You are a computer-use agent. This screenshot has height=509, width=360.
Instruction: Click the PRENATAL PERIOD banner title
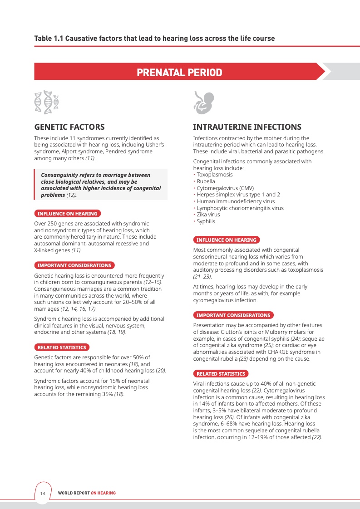click(x=179, y=73)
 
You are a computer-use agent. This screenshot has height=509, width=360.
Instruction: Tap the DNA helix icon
click(x=47, y=102)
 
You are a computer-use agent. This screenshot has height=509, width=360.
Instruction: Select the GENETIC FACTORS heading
click(x=69, y=127)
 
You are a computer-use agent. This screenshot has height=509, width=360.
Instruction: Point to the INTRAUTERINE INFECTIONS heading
click(x=247, y=127)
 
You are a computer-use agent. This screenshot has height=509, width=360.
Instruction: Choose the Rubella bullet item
click(x=206, y=181)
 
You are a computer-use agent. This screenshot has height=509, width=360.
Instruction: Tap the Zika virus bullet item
click(x=208, y=215)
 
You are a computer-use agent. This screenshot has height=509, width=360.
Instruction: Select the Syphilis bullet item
click(x=206, y=221)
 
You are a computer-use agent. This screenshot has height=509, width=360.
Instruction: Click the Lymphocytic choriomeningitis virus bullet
click(x=240, y=208)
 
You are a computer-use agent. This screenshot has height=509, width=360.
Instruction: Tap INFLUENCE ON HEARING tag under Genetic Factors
click(x=67, y=214)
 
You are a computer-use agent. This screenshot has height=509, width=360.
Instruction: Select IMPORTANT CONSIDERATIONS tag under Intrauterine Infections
click(x=233, y=315)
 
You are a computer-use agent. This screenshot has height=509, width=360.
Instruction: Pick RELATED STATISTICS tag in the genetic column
click(x=62, y=347)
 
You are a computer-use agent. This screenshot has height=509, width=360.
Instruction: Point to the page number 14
click(x=43, y=493)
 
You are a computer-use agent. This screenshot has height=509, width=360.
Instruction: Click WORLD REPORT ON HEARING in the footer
click(x=87, y=493)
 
